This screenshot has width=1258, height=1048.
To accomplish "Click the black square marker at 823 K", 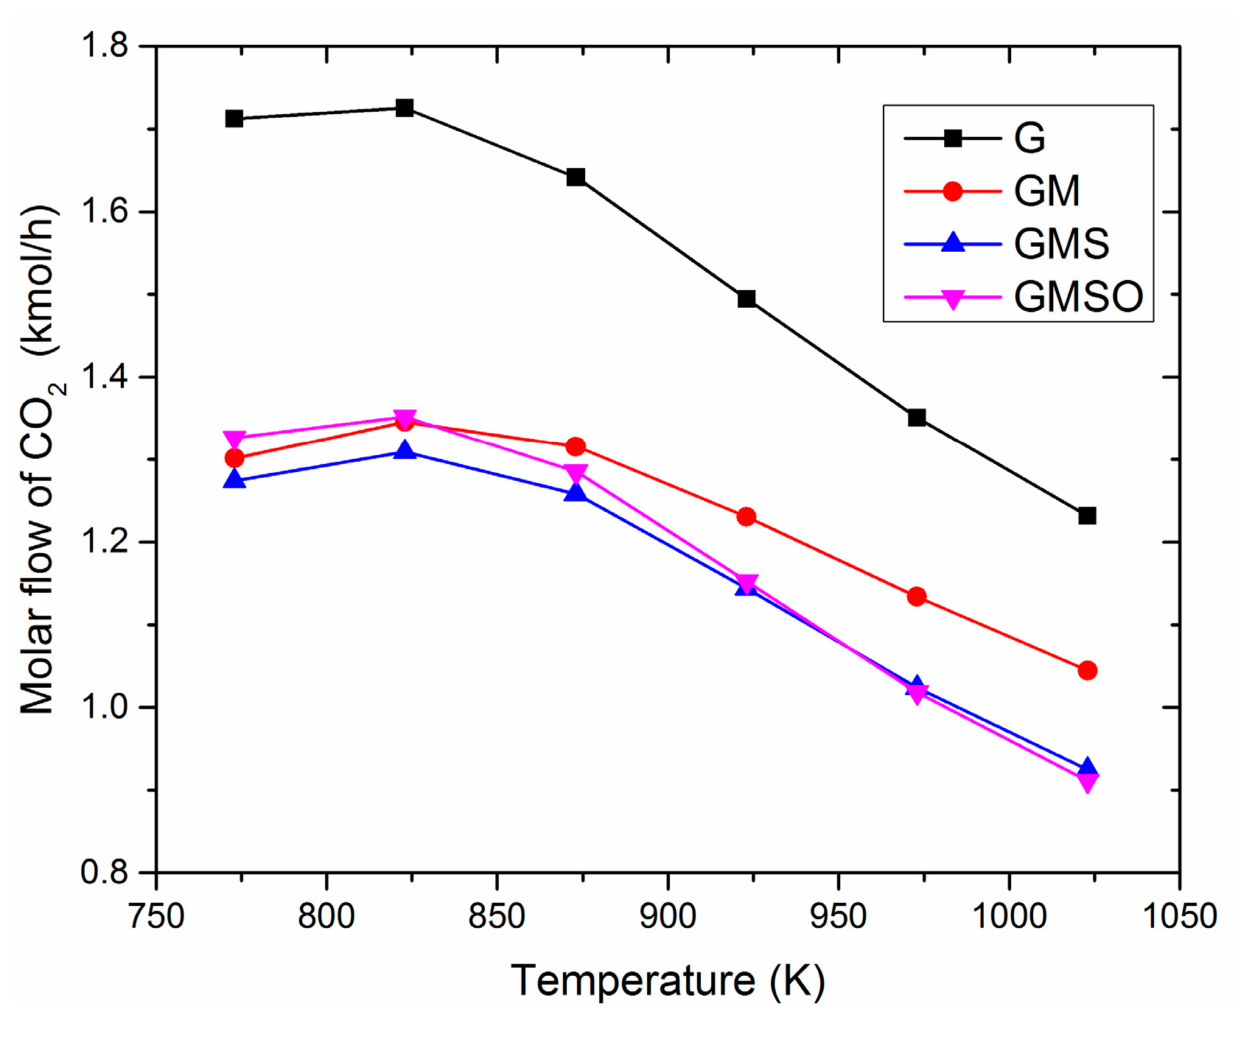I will coord(405,108).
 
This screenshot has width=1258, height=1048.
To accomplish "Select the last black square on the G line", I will coord(1087,516).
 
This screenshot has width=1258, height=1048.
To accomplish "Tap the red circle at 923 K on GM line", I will coord(746,516).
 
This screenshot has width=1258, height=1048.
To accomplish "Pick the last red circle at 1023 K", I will coord(1087,670).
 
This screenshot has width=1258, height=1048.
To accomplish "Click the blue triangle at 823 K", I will coord(405,449).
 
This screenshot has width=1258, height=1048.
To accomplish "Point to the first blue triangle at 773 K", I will coord(234,479).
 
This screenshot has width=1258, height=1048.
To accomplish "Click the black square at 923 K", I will coord(746,298).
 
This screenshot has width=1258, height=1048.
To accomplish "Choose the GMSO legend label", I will coord(1078,297).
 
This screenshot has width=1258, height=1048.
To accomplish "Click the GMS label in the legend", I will coord(1061,244).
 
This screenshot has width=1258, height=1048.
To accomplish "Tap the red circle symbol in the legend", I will coord(952,191).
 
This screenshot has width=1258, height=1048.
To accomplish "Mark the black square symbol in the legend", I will coord(952,138).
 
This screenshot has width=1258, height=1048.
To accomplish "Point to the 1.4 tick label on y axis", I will coord(104,377).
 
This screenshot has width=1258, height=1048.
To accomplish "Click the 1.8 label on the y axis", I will coord(104,46).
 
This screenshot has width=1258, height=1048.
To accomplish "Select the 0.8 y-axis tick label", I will coord(104,873).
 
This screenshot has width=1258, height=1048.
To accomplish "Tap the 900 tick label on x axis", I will coord(667,916).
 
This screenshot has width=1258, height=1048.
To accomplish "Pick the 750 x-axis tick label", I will coord(156,916).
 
